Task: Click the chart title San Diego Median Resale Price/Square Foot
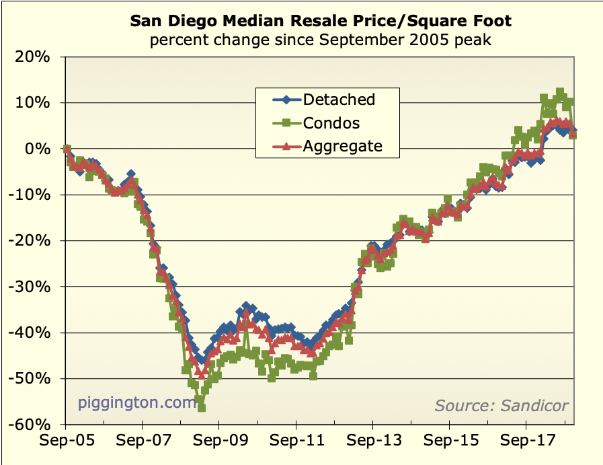click(320, 21)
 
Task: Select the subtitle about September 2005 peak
click(320, 40)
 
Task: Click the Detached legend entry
click(338, 100)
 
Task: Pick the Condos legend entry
click(331, 123)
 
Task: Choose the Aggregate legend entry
click(342, 146)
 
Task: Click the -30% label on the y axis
click(32, 287)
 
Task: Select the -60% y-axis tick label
click(32, 424)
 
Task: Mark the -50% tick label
click(32, 378)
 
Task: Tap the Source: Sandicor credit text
click(501, 405)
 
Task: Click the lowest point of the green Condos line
click(201, 407)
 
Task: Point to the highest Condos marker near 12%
click(559, 92)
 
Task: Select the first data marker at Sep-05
click(66, 149)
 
